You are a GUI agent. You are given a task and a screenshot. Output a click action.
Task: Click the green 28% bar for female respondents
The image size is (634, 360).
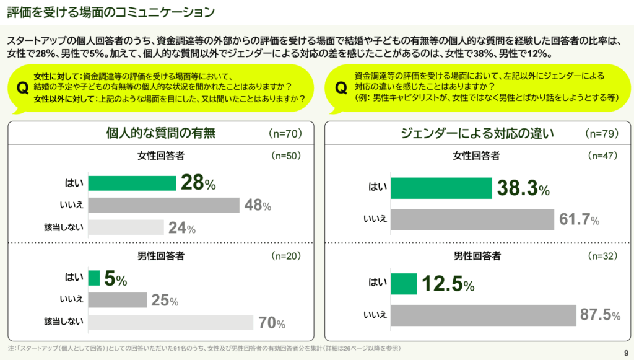pyautogui.click(x=132, y=183)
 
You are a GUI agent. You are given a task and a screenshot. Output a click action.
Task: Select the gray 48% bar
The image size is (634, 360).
pyautogui.click(x=163, y=205)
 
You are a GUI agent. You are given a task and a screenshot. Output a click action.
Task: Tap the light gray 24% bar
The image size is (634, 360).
pyautogui.click(x=126, y=227)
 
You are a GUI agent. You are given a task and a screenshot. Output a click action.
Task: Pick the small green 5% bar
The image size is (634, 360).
pyautogui.click(x=94, y=278)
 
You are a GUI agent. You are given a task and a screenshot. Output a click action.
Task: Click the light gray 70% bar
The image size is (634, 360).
pyautogui.click(x=170, y=323)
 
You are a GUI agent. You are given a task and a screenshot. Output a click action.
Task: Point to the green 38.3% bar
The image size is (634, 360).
pyautogui.click(x=441, y=187)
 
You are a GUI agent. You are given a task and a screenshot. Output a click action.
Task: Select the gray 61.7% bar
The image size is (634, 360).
pyautogui.click(x=472, y=219)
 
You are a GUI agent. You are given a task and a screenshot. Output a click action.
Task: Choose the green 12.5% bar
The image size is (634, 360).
pyautogui.click(x=404, y=284)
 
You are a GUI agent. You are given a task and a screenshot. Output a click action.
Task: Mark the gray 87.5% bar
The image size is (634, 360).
pyautogui.click(x=484, y=315)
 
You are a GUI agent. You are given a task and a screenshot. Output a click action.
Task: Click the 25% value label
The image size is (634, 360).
pyautogui.click(x=165, y=301)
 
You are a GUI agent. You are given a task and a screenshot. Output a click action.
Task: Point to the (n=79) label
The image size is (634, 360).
pyautogui.click(x=602, y=133)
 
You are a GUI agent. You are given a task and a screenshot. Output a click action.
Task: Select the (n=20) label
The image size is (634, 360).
pyautogui.click(x=286, y=255)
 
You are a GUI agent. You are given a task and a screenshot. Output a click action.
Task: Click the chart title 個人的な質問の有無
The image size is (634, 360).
pyautogui.click(x=161, y=133)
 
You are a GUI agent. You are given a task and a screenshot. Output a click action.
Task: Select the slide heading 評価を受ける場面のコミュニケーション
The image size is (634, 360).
pyautogui.click(x=111, y=11)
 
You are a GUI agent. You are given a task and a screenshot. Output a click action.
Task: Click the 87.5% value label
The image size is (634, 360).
pyautogui.click(x=600, y=315)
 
